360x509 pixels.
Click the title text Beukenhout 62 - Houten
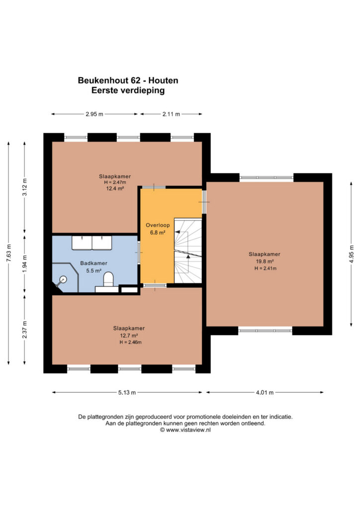click(x=128, y=80)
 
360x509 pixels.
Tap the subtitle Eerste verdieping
click(x=128, y=90)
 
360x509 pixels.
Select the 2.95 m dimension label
click(x=94, y=114)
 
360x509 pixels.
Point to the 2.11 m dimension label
click(x=171, y=114)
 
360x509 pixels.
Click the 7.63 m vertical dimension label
click(x=9, y=253)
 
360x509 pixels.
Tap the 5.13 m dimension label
click(x=127, y=393)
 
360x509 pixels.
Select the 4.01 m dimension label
click(x=265, y=393)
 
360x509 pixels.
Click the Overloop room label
click(x=158, y=225)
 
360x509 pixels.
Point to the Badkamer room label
click(x=94, y=263)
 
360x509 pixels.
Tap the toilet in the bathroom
click(x=108, y=279)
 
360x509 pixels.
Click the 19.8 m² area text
click(x=265, y=261)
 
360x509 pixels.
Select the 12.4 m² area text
click(x=115, y=188)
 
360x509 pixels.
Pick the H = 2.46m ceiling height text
click(x=130, y=342)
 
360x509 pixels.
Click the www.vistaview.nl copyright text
click(x=185, y=430)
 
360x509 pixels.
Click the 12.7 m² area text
click(x=129, y=336)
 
